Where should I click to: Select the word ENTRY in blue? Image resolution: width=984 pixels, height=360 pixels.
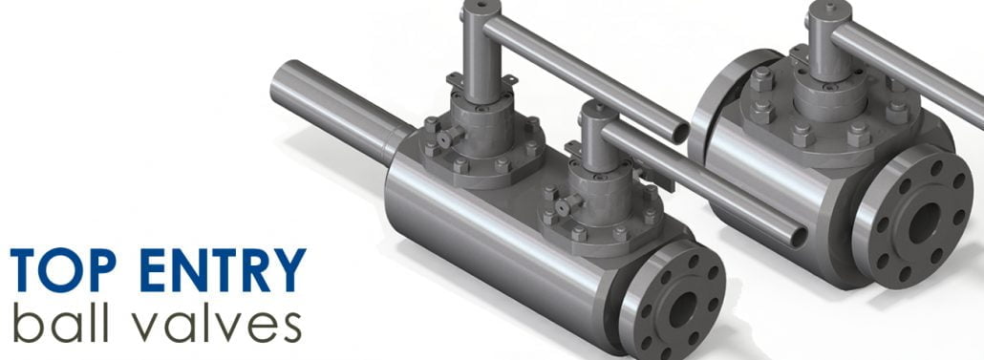tap(223, 270)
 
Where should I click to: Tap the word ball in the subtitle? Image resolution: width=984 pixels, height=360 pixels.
tap(63, 325)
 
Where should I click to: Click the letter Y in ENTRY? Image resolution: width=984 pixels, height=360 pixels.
tap(290, 270)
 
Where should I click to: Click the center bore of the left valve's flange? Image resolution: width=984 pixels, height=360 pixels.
tap(680, 307)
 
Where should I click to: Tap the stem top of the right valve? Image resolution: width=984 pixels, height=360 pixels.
tap(829, 14)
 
